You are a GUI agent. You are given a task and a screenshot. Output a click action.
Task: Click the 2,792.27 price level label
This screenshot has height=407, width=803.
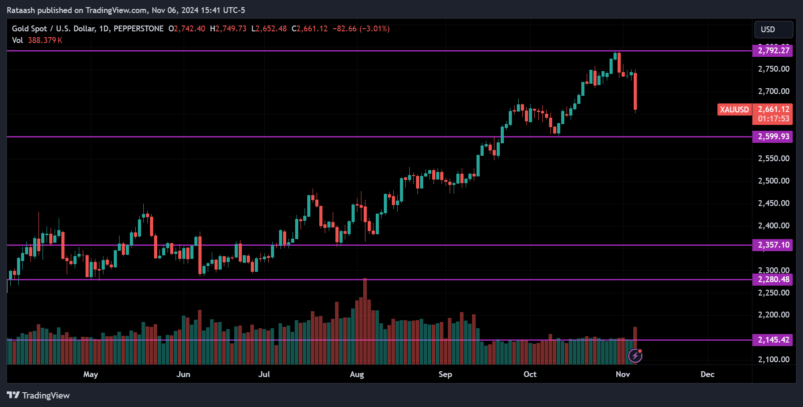point(773,51)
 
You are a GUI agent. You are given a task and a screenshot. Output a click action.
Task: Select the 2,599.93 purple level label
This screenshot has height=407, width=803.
point(773,137)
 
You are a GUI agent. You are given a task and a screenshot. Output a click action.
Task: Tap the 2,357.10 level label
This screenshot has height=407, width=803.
point(773,245)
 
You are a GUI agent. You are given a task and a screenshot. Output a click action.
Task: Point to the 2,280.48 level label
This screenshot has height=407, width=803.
point(773,279)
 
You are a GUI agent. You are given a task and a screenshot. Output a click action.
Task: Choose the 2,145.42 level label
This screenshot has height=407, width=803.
point(773,340)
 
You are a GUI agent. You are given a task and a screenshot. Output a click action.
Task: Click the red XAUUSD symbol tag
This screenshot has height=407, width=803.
point(734,110)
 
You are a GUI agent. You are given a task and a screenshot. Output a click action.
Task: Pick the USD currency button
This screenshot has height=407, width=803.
point(773,30)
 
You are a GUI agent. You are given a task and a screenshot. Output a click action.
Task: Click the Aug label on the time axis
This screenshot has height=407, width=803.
point(356,374)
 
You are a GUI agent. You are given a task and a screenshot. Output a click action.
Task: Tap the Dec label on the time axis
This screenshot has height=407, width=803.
point(707,374)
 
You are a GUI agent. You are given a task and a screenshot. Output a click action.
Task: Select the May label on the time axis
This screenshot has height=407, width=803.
point(90,374)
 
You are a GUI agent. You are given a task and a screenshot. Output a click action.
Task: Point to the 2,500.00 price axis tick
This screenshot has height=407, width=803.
point(773,181)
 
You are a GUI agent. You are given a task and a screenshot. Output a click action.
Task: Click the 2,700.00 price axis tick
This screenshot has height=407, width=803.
point(773,91)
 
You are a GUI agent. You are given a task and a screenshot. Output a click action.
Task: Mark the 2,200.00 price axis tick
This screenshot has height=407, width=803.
point(773,315)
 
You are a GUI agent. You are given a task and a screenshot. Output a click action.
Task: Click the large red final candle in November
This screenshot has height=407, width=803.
point(635,91)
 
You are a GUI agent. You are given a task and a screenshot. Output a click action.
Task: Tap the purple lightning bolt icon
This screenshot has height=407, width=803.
point(635,356)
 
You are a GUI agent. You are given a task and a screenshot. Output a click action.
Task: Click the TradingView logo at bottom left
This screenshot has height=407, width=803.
point(39,395)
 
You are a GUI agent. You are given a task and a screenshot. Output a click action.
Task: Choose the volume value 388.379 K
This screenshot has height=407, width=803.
point(45,40)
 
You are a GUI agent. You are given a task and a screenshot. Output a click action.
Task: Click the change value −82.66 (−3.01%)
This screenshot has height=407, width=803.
point(361,29)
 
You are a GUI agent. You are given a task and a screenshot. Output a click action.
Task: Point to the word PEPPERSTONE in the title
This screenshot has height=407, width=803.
point(138,29)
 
